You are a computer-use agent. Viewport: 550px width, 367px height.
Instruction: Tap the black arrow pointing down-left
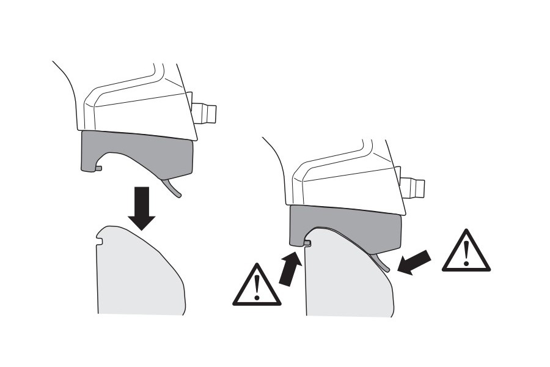416,261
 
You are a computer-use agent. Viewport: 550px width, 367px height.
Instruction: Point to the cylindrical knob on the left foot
205,113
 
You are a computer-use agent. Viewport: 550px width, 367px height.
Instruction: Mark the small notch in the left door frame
100,246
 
